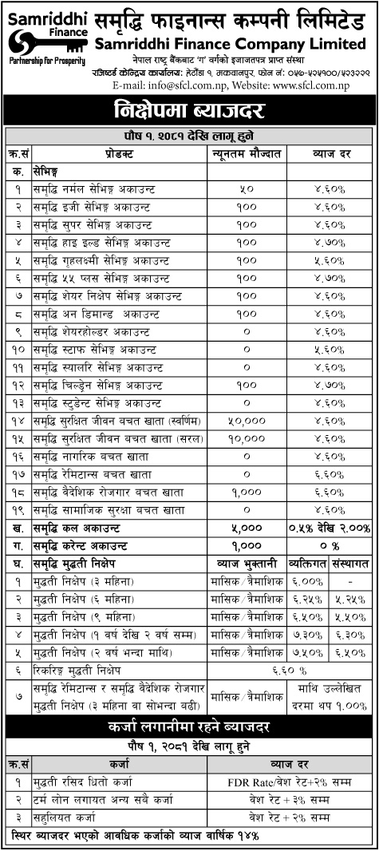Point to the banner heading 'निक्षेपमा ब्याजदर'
(189, 108)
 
